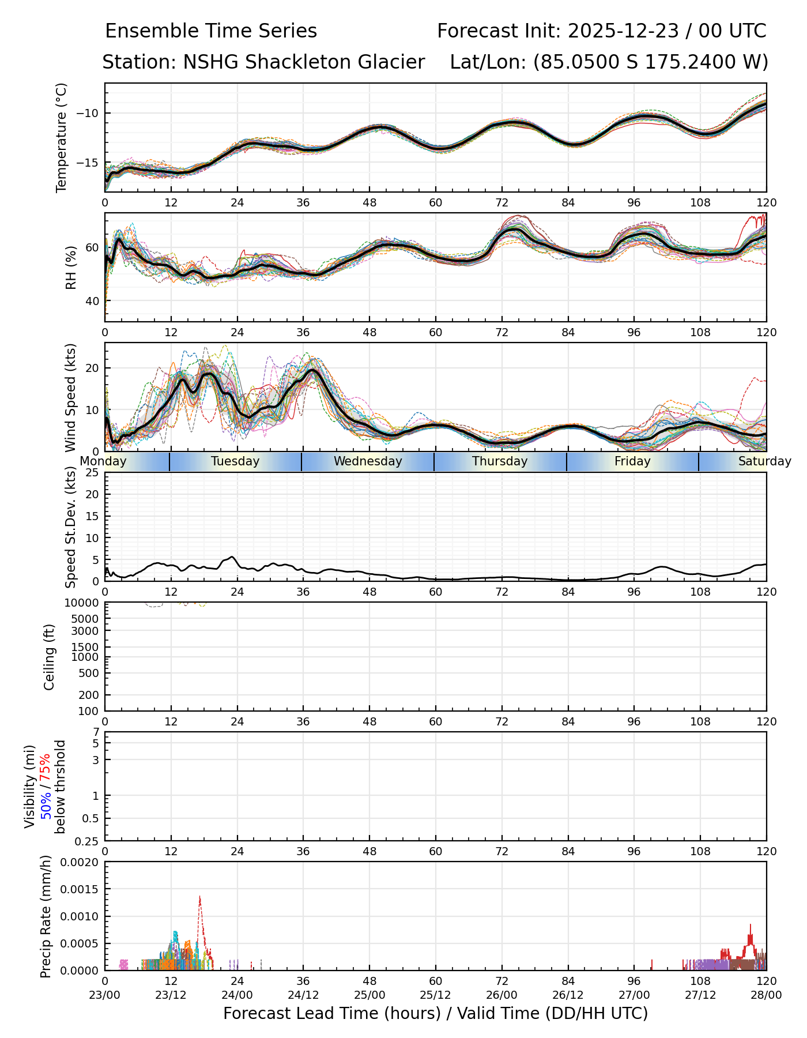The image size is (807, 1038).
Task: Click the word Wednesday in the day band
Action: point(368,461)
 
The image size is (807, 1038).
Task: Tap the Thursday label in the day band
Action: point(500,461)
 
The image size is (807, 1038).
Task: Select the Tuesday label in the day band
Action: point(235,461)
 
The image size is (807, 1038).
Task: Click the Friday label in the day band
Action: point(632,461)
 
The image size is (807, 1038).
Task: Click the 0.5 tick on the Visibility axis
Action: point(91,818)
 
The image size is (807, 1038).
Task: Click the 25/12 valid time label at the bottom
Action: point(436,995)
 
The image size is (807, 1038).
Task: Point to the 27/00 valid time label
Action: point(634,995)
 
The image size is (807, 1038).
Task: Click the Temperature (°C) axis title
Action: point(62,137)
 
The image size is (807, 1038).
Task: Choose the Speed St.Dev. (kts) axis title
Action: point(70,526)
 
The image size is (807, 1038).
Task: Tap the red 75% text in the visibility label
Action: point(46,768)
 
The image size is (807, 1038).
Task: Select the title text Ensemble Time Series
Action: point(211,31)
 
